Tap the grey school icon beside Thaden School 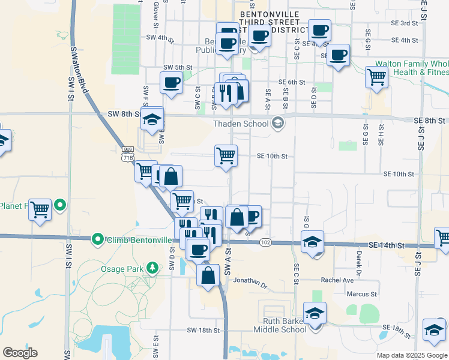[x=278, y=124]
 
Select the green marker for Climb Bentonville [x=98, y=240]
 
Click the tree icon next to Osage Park [x=152, y=267]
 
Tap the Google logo [x=20, y=353]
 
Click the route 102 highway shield [x=265, y=242]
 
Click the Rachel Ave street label [x=337, y=280]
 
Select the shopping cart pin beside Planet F [x=40, y=209]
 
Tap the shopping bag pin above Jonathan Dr [x=208, y=276]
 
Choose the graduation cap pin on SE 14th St [x=313, y=242]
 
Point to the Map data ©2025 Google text [x=412, y=355]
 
